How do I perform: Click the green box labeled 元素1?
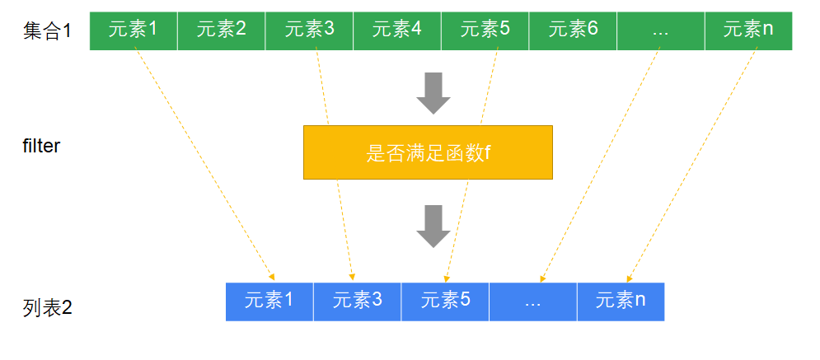(134, 30)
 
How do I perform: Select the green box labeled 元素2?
(222, 30)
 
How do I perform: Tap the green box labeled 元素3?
(309, 30)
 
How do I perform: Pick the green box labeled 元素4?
(397, 30)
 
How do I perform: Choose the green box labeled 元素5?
(485, 30)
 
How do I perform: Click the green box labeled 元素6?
(573, 30)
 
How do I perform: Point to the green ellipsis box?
(660, 30)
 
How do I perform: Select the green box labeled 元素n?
(748, 30)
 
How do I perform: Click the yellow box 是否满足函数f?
(428, 152)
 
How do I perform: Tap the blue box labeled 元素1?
(269, 302)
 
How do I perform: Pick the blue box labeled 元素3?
(357, 302)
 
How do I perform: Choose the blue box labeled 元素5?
(445, 302)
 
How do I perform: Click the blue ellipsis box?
(532, 302)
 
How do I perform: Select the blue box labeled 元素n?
(621, 302)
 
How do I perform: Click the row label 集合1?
(48, 32)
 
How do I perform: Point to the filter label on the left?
(41, 147)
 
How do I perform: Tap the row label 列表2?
(48, 309)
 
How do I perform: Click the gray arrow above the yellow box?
(433, 92)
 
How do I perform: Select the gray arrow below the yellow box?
(433, 226)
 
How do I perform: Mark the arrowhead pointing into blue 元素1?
(271, 277)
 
